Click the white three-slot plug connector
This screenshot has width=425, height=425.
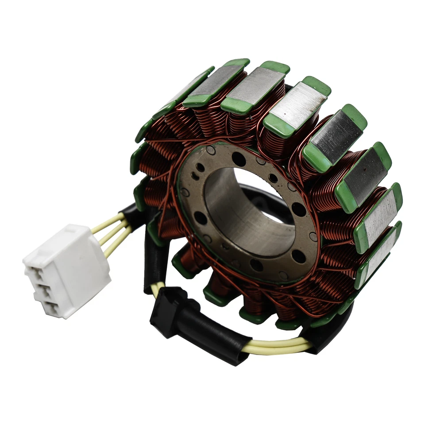pyautogui.click(x=66, y=270)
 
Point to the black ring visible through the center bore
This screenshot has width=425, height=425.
pyautogui.click(x=261, y=193)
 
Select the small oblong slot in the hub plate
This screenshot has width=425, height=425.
pyautogui.click(x=195, y=175)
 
